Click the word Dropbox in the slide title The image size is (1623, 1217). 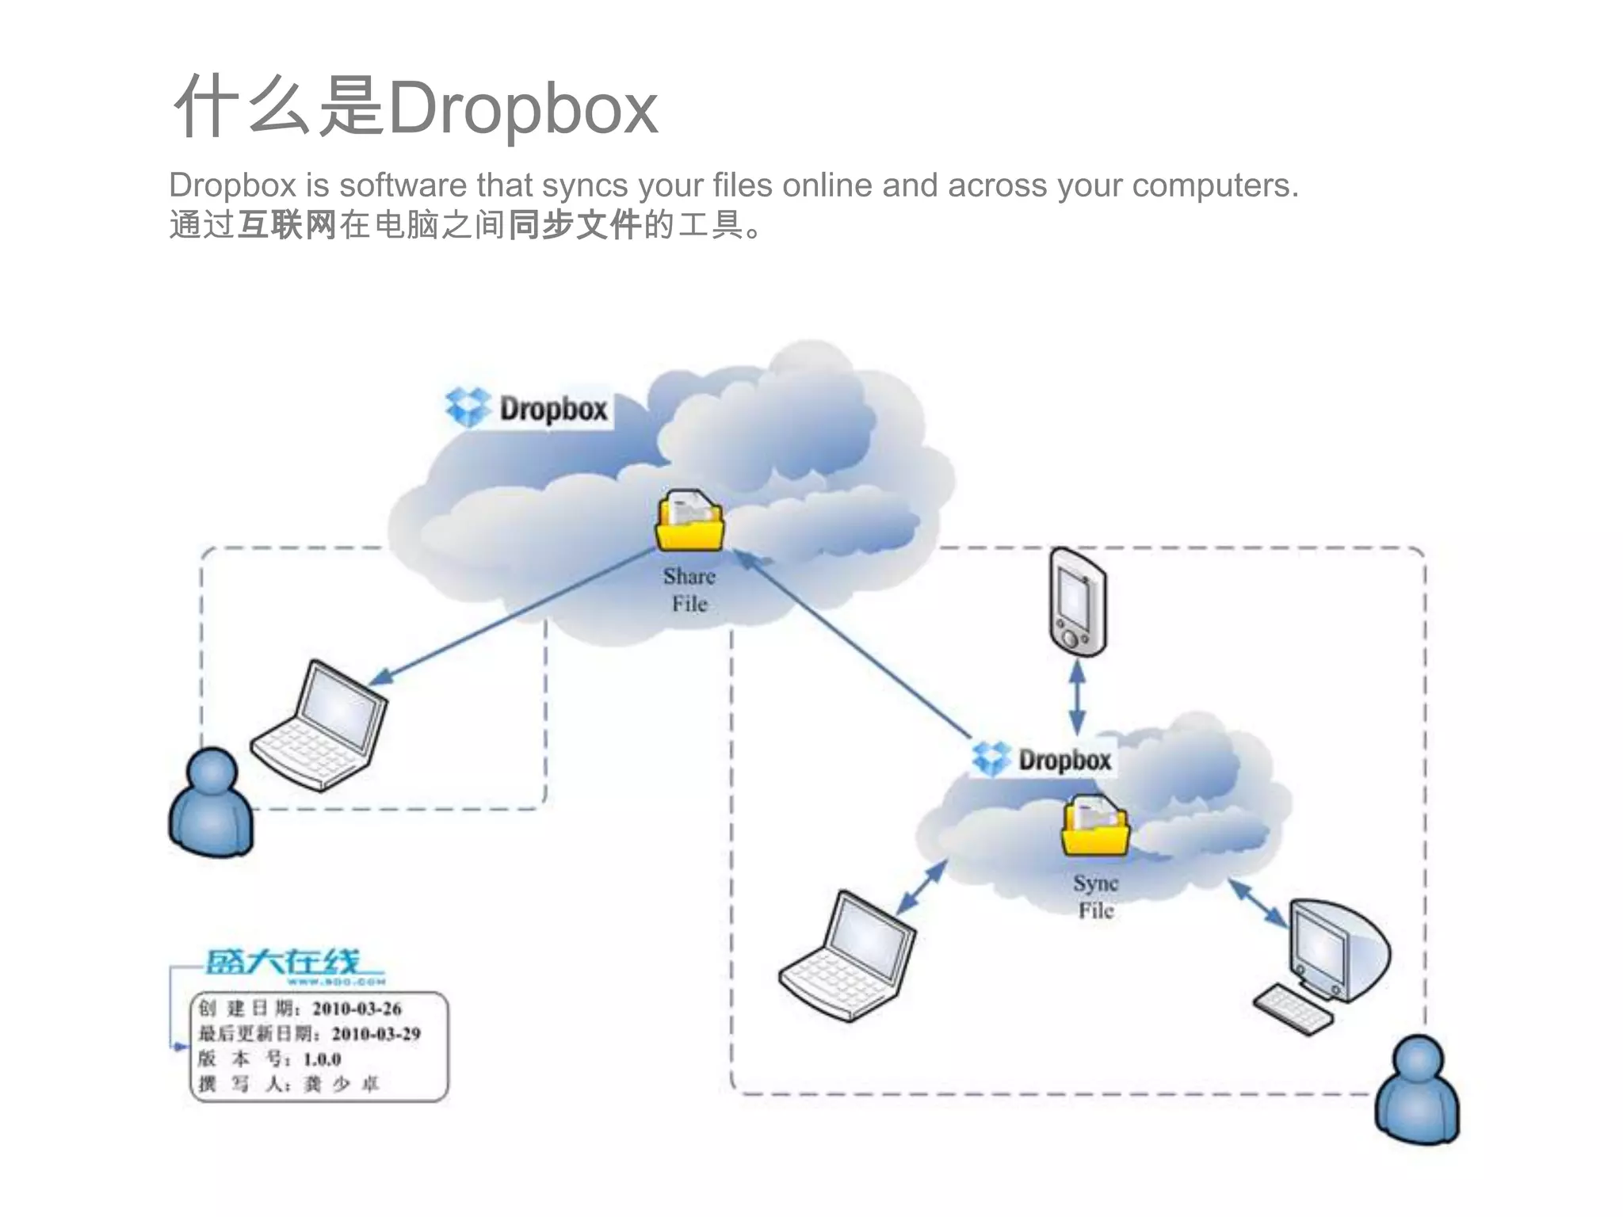click(523, 109)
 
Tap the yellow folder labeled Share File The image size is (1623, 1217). click(689, 523)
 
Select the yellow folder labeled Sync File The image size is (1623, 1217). click(1095, 827)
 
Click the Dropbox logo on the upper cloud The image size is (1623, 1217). click(528, 408)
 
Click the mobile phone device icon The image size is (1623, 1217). click(1077, 602)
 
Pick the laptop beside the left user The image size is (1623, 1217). click(320, 725)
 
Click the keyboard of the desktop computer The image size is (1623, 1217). click(1292, 1009)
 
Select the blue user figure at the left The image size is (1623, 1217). click(211, 804)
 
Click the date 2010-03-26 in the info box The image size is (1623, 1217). click(357, 1009)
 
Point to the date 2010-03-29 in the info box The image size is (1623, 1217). click(376, 1034)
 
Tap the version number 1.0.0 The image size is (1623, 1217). click(322, 1059)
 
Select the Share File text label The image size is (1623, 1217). click(689, 590)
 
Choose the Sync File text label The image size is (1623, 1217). click(1096, 897)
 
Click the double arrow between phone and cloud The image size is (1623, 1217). click(1077, 697)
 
